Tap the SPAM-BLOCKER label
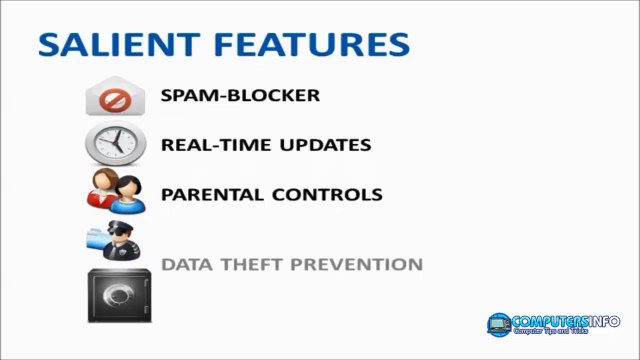point(240,96)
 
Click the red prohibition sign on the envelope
point(114,101)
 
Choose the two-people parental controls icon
point(115,191)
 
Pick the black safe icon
point(115,295)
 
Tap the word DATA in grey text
point(183,265)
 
